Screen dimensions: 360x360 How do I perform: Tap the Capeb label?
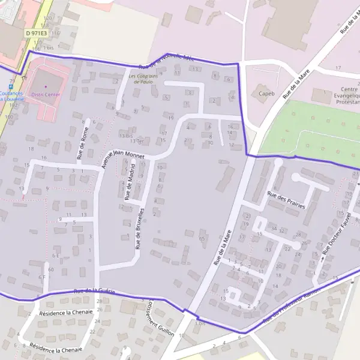pyautogui.click(x=266, y=94)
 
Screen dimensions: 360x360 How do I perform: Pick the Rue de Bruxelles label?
pyautogui.click(x=140, y=229)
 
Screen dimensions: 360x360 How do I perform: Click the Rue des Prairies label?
pyautogui.click(x=286, y=201)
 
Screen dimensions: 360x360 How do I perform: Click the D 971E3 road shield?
pyautogui.click(x=37, y=34)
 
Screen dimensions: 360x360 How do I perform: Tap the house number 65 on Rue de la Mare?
pyautogui.click(x=202, y=239)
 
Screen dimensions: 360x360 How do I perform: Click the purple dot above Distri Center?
pyautogui.click(x=45, y=86)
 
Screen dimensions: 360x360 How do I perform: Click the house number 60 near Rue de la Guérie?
pyautogui.click(x=51, y=270)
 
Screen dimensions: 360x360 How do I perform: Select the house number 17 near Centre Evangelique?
pyautogui.click(x=338, y=68)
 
